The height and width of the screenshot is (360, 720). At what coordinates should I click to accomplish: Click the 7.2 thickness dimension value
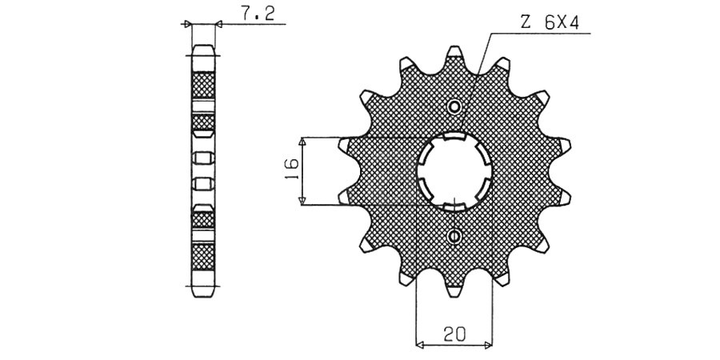[258, 14]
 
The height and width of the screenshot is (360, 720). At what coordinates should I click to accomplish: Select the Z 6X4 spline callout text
[549, 23]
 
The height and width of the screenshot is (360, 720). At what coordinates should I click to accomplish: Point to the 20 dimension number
[454, 333]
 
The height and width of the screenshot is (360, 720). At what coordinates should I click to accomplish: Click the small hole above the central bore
[454, 107]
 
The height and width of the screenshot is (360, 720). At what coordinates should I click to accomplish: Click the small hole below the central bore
[454, 237]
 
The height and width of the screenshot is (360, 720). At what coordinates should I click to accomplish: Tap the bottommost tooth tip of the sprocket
[454, 292]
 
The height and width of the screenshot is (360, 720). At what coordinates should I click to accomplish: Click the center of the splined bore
[454, 171]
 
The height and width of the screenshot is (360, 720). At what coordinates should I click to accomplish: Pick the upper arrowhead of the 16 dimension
[302, 142]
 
